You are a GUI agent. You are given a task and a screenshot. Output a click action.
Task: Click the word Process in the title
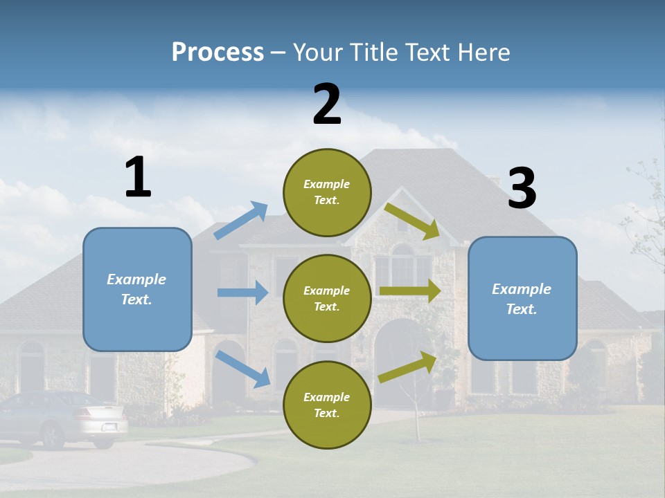(218, 53)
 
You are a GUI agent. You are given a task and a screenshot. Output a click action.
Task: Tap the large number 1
(138, 177)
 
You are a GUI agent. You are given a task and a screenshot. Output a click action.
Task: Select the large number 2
(327, 104)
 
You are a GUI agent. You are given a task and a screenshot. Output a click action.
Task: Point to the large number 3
(522, 188)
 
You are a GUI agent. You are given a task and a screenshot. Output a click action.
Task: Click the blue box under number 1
(137, 289)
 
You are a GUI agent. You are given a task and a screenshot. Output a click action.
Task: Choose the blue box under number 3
(522, 298)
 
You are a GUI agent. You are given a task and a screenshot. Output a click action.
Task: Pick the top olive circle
(327, 192)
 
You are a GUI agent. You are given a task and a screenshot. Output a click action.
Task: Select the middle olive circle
(327, 298)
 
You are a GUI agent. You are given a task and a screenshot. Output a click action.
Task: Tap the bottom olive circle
(327, 405)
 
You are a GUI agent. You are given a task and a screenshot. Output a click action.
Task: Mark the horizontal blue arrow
(242, 293)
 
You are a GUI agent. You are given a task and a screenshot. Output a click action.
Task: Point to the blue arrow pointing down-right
(243, 369)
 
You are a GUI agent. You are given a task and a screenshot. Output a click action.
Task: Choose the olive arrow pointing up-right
(407, 367)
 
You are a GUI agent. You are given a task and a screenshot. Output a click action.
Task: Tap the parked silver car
(66, 417)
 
